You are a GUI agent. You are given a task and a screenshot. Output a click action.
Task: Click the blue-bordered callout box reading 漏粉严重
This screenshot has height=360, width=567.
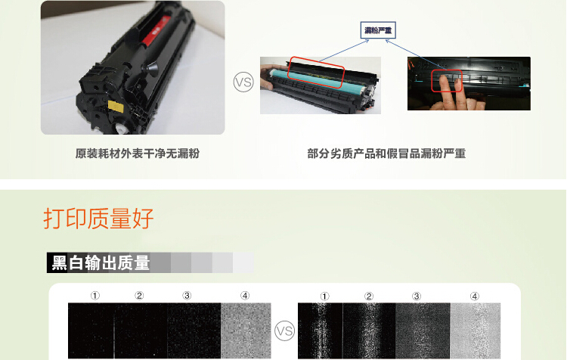(x=379, y=30)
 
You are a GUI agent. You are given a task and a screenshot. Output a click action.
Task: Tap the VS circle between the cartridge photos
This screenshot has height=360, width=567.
(x=243, y=82)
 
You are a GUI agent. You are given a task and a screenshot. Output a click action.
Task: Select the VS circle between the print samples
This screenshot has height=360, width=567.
(x=284, y=331)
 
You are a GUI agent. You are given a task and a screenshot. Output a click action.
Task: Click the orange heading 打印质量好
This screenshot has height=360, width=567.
(x=98, y=219)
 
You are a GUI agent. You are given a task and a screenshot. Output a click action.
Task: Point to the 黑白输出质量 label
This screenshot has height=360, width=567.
(x=99, y=263)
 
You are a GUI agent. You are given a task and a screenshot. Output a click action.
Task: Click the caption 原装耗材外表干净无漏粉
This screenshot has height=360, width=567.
(x=132, y=154)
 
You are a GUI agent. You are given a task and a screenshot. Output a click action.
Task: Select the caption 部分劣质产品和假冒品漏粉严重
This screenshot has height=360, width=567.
(x=386, y=154)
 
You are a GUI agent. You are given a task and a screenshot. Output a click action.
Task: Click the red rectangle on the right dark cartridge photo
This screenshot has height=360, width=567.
(x=446, y=82)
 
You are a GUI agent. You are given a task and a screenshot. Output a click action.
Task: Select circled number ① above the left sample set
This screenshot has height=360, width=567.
(x=95, y=296)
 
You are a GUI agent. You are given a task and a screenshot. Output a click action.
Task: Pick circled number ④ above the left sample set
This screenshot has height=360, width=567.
(x=245, y=296)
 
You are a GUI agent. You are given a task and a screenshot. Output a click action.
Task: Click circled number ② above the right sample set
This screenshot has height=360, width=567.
(x=368, y=296)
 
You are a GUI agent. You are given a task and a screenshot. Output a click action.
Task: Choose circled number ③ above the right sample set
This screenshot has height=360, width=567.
(x=417, y=296)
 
